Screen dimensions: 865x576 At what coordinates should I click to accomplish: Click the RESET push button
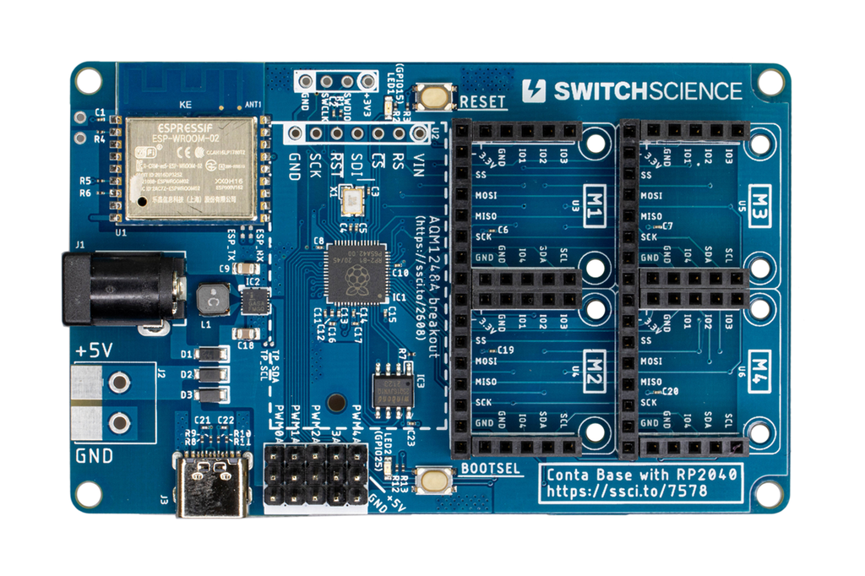click(x=434, y=96)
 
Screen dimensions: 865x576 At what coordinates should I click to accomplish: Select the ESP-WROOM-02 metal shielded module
click(x=191, y=168)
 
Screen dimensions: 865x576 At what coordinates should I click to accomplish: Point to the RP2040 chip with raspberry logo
click(x=355, y=272)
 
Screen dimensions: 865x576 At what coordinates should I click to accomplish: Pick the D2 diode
click(x=210, y=374)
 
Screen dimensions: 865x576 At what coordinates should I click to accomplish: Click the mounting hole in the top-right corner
click(x=770, y=82)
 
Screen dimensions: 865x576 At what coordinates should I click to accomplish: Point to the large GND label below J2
click(x=95, y=457)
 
